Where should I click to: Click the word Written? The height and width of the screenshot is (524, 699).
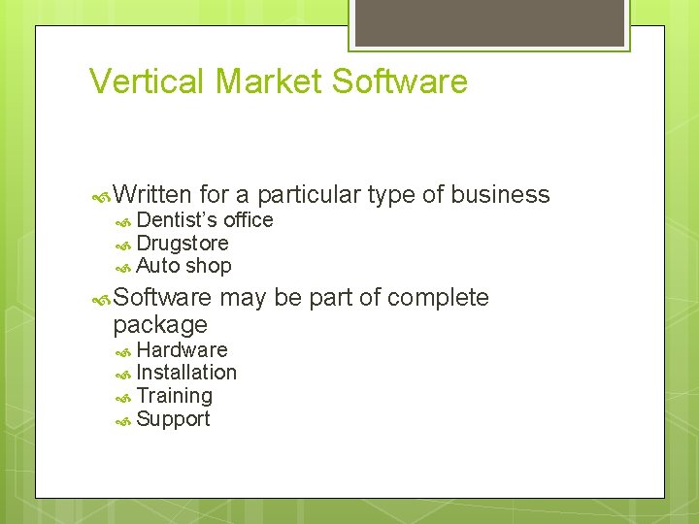153,195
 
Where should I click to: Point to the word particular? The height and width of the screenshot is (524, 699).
310,195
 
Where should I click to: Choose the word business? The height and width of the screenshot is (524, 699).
501,195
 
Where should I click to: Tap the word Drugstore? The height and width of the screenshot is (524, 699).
183,243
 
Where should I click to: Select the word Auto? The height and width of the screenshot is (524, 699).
157,266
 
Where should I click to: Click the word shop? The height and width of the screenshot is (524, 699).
209,266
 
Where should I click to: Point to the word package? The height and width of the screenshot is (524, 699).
160,324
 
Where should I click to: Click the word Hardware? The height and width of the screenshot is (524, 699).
182,349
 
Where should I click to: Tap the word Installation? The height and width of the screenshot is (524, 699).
186,373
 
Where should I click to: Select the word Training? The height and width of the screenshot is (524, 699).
174,396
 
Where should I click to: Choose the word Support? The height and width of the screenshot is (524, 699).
173,419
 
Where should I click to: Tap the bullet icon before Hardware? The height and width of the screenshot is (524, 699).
123,351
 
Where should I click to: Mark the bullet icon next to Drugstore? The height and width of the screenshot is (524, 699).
123,245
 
